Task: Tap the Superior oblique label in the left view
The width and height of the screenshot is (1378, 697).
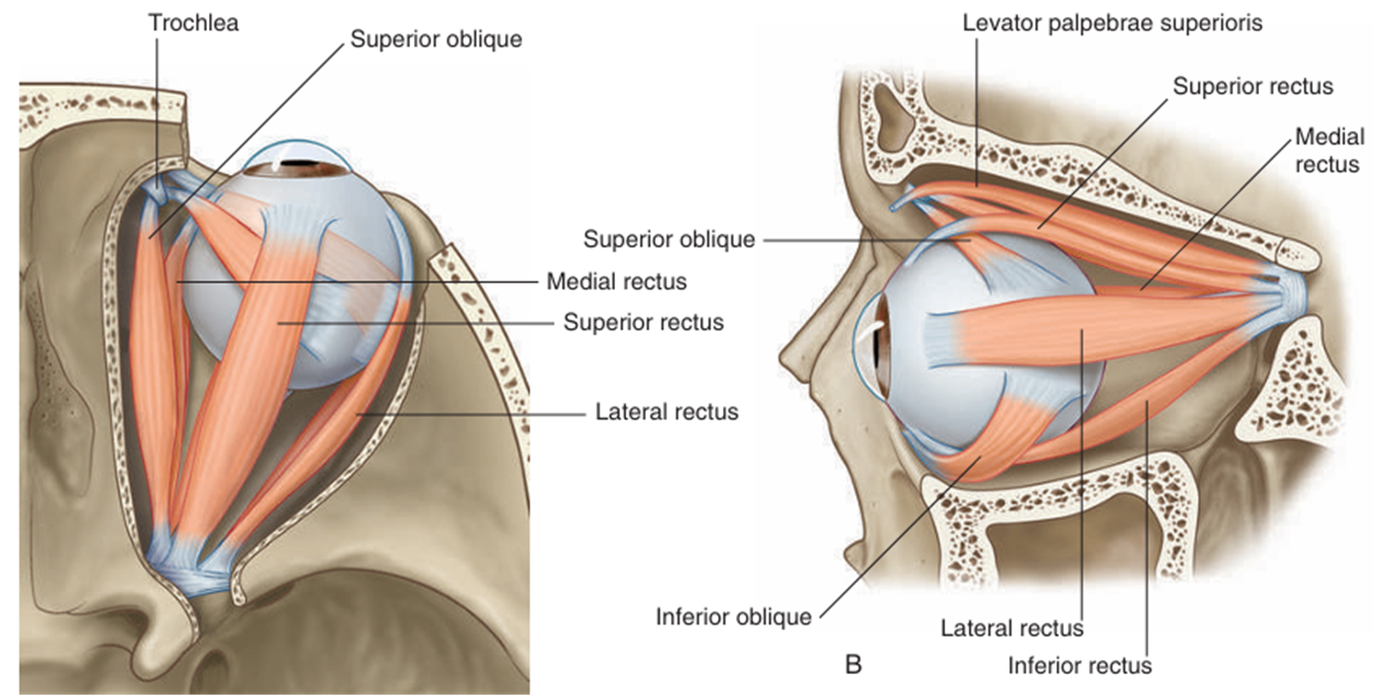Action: [436, 40]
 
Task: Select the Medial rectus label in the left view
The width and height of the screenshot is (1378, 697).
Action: [616, 283]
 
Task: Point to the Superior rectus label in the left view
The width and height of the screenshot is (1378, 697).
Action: [644, 322]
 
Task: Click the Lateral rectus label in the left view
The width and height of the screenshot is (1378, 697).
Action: [667, 410]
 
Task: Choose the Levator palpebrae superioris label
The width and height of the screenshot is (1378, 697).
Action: [1113, 23]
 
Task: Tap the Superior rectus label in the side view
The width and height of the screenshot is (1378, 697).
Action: [1253, 86]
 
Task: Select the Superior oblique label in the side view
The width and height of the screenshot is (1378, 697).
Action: [670, 239]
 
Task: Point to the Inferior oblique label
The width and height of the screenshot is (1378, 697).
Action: [733, 617]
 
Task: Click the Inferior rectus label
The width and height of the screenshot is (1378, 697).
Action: [1080, 664]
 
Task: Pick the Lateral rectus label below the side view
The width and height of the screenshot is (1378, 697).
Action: [1011, 628]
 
